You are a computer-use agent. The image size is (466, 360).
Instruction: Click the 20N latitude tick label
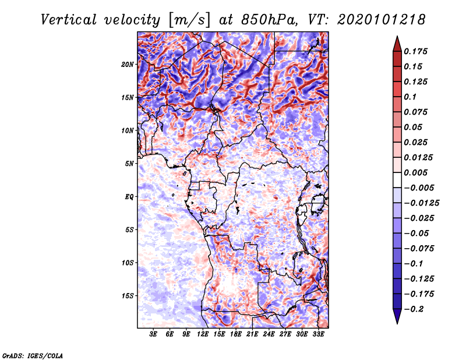[128, 64]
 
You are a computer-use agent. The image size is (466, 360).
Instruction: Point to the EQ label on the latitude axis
[129, 197]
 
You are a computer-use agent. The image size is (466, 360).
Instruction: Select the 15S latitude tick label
[128, 296]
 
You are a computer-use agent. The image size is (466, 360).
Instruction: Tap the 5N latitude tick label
[129, 164]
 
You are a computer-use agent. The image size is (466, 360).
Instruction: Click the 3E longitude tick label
[154, 335]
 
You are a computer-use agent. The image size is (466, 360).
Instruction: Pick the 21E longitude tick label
[252, 335]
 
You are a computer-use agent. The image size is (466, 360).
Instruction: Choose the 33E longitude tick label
[318, 335]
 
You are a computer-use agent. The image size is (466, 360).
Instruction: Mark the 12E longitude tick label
[203, 335]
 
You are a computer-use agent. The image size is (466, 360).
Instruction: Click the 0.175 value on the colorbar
[418, 51]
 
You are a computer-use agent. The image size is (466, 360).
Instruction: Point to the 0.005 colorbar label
[418, 172]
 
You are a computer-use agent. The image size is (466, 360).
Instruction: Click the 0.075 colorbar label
[418, 112]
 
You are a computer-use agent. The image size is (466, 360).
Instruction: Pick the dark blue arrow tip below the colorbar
[397, 320]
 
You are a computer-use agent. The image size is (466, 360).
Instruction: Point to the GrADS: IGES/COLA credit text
[33, 355]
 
